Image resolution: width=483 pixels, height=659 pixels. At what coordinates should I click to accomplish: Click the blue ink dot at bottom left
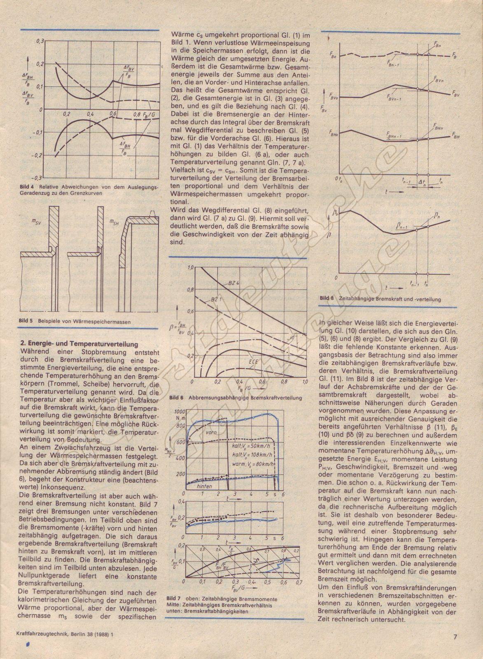[x=28, y=643]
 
